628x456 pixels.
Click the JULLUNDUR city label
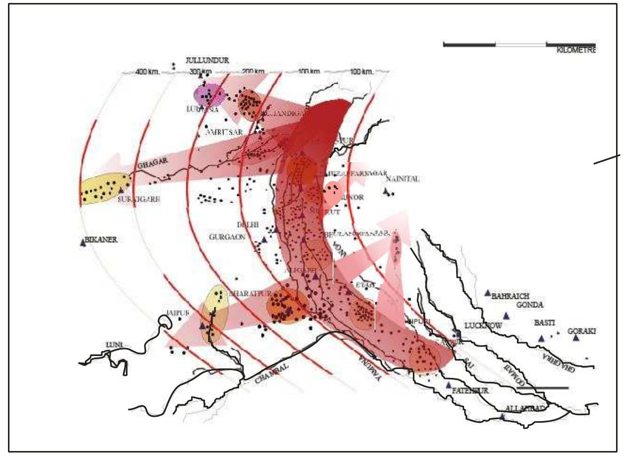[x=207, y=60]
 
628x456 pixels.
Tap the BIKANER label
[x=102, y=240]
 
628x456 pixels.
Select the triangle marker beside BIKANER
[x=83, y=242]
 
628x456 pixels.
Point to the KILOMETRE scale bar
[x=519, y=45]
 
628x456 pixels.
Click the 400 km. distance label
[x=147, y=72]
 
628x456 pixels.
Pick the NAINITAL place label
[x=404, y=180]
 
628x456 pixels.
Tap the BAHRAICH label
[x=510, y=296]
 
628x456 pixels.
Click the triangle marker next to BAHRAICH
[x=488, y=293]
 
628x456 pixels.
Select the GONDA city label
[x=530, y=305]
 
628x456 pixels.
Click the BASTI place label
[x=544, y=323]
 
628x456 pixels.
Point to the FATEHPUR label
[x=470, y=391]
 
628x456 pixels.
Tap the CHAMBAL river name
[x=272, y=371]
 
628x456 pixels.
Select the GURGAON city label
[x=227, y=237]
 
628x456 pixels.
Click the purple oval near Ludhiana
[x=209, y=94]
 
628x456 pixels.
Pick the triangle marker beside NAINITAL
[x=386, y=190]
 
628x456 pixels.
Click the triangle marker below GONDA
[x=506, y=315]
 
